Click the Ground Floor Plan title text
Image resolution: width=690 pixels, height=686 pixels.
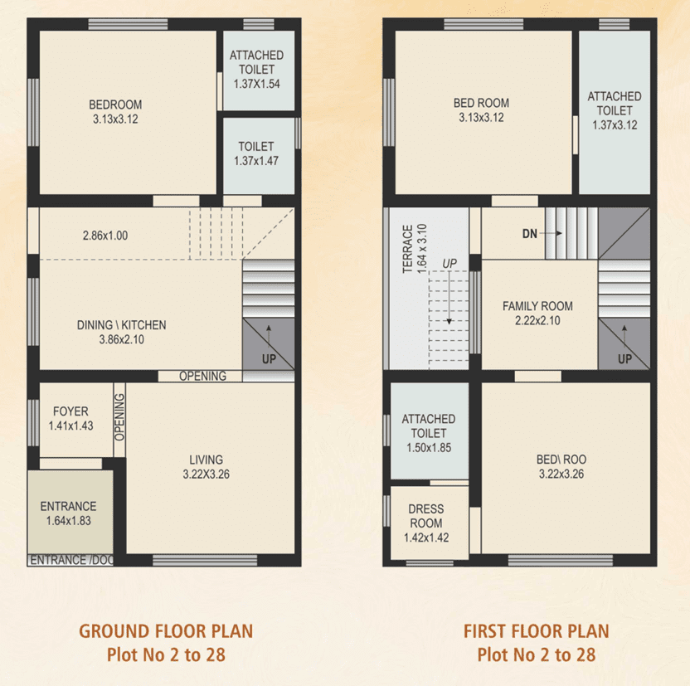tap(166, 631)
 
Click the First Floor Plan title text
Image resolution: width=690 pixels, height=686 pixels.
tap(537, 631)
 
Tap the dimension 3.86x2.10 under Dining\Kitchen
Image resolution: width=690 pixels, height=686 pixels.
tap(121, 338)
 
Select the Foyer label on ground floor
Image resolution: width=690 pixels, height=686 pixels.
tap(70, 411)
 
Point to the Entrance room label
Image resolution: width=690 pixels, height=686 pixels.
tap(68, 506)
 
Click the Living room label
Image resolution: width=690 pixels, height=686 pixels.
tap(206, 460)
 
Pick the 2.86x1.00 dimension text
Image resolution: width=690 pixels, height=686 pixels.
tap(105, 236)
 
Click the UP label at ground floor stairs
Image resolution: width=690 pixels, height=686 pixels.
tap(269, 359)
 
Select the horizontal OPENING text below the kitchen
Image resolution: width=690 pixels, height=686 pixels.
tap(202, 376)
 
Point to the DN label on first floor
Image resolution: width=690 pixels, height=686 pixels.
tap(530, 234)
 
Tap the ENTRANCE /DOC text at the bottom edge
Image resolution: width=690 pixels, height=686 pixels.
tap(70, 561)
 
